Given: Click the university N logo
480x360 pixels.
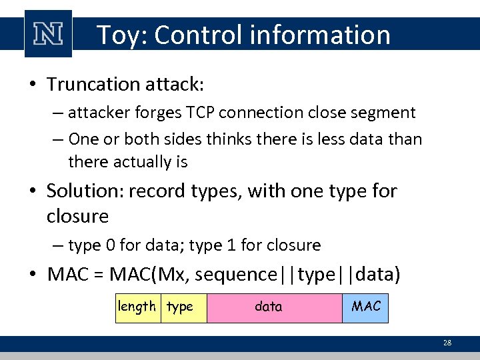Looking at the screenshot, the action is tap(48, 33).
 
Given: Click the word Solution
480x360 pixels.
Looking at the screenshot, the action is tap(84, 191).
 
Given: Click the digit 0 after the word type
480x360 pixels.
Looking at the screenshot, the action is tap(111, 245).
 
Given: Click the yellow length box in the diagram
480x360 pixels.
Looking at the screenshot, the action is tap(138, 307).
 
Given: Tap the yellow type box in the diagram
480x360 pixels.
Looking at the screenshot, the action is tap(183, 307).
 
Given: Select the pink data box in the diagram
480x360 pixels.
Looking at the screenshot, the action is tap(274, 307).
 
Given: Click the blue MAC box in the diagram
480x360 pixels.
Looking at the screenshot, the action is tap(365, 307).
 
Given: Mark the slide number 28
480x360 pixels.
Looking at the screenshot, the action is tap(447, 343).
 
